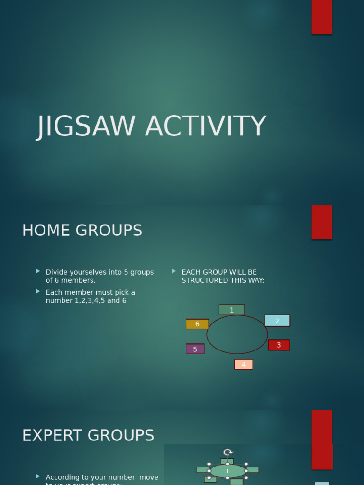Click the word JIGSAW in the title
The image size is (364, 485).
(x=87, y=127)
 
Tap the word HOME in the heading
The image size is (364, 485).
(x=45, y=231)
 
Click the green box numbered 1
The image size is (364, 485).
(x=232, y=310)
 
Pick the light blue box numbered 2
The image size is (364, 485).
(x=277, y=321)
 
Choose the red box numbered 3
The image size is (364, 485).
(x=279, y=345)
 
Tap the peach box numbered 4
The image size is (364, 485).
(x=243, y=365)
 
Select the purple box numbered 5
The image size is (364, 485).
(x=195, y=349)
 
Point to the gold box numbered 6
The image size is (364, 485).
(x=197, y=324)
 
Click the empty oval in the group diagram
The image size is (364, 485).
(x=237, y=334)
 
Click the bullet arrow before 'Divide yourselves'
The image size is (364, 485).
(x=38, y=271)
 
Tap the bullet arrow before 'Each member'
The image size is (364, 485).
(x=38, y=291)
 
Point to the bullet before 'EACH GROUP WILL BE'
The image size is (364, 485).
(x=174, y=271)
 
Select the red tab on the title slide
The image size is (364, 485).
(x=321, y=17)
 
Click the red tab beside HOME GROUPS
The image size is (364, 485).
(x=321, y=222)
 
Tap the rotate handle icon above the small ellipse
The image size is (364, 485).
(x=228, y=452)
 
